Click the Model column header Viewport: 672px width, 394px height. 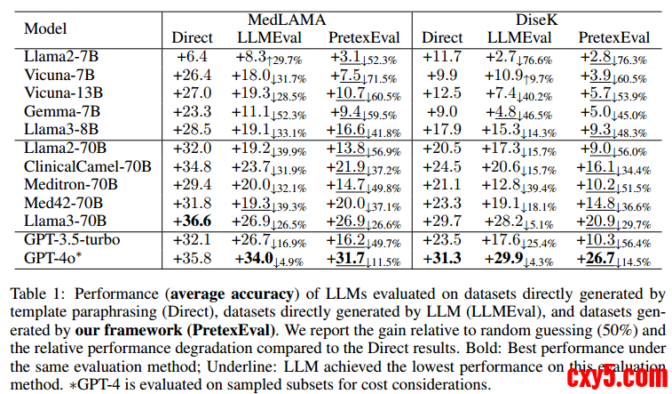[x=45, y=28]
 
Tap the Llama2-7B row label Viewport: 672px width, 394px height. [x=61, y=57]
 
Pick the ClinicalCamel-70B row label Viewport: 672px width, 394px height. [x=88, y=168]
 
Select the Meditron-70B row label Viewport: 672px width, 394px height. [x=72, y=186]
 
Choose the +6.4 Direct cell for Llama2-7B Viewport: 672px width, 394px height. [x=193, y=57]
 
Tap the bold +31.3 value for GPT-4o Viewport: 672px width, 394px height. [x=441, y=260]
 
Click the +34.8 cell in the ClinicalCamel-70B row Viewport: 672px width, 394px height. [x=193, y=168]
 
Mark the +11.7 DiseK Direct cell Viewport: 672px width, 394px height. [x=441, y=57]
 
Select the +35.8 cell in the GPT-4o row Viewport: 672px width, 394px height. [x=193, y=260]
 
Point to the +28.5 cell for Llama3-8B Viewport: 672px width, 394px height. [x=193, y=129]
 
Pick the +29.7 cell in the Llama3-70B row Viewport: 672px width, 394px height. [x=441, y=221]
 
